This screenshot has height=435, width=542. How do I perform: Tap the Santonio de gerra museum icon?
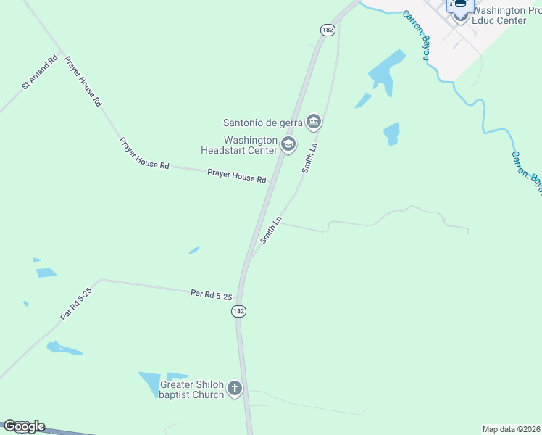coord(314,121)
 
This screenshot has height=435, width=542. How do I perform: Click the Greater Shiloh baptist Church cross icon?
coord(234,389)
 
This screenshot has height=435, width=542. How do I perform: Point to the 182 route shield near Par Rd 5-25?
coord(239,310)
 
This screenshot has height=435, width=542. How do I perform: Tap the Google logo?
coord(24,426)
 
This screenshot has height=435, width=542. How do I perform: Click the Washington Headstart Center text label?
coord(240,145)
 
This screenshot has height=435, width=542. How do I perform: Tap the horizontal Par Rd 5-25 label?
coord(211,294)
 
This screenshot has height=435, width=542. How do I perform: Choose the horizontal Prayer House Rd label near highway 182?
coord(236,175)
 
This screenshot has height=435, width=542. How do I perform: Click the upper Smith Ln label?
coord(310,157)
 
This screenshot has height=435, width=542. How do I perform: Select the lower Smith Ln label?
coord(270,229)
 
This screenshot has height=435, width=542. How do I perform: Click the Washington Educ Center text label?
coord(499,16)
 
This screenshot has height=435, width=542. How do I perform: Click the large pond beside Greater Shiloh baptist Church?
coord(151,383)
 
